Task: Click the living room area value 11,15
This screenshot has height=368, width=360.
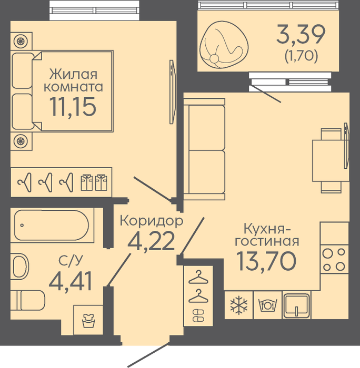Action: click(73, 107)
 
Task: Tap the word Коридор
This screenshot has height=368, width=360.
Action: click(152, 221)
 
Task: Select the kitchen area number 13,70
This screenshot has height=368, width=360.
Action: click(266, 261)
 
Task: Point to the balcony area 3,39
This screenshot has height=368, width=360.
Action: click(301, 35)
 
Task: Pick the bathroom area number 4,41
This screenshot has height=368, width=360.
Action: click(70, 281)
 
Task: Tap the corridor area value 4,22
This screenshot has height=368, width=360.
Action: click(151, 241)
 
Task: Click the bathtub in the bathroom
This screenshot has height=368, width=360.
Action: click(52, 225)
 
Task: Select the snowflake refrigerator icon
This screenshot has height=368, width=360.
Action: click(239, 305)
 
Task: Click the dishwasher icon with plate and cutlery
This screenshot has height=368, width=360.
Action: click(268, 305)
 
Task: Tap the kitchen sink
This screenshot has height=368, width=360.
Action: click(296, 305)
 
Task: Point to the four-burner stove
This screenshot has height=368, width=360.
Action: click(334, 259)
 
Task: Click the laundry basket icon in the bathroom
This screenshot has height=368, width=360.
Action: click(88, 320)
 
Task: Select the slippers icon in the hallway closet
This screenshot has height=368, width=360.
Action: click(198, 315)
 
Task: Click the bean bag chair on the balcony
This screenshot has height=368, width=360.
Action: click(224, 45)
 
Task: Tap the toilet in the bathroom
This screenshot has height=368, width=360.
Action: click(28, 301)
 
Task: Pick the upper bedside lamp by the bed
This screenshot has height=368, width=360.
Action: click(21, 42)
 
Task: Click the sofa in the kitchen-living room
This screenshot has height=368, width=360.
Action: click(204, 149)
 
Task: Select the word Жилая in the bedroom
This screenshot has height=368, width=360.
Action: click(73, 75)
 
